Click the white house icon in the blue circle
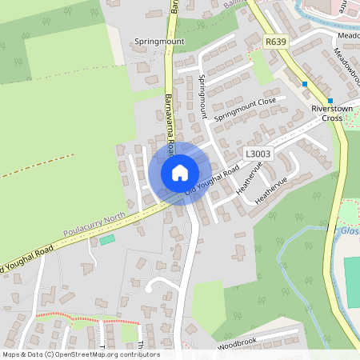180,172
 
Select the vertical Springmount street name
202,97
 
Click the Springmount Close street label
245,106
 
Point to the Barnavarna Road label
170,116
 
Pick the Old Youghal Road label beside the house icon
213,181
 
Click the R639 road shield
276,41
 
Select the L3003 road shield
258,152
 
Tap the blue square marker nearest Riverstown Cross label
330,101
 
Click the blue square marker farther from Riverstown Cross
305,83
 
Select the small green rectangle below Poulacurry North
106,239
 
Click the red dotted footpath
88,321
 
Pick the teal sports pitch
352,280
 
